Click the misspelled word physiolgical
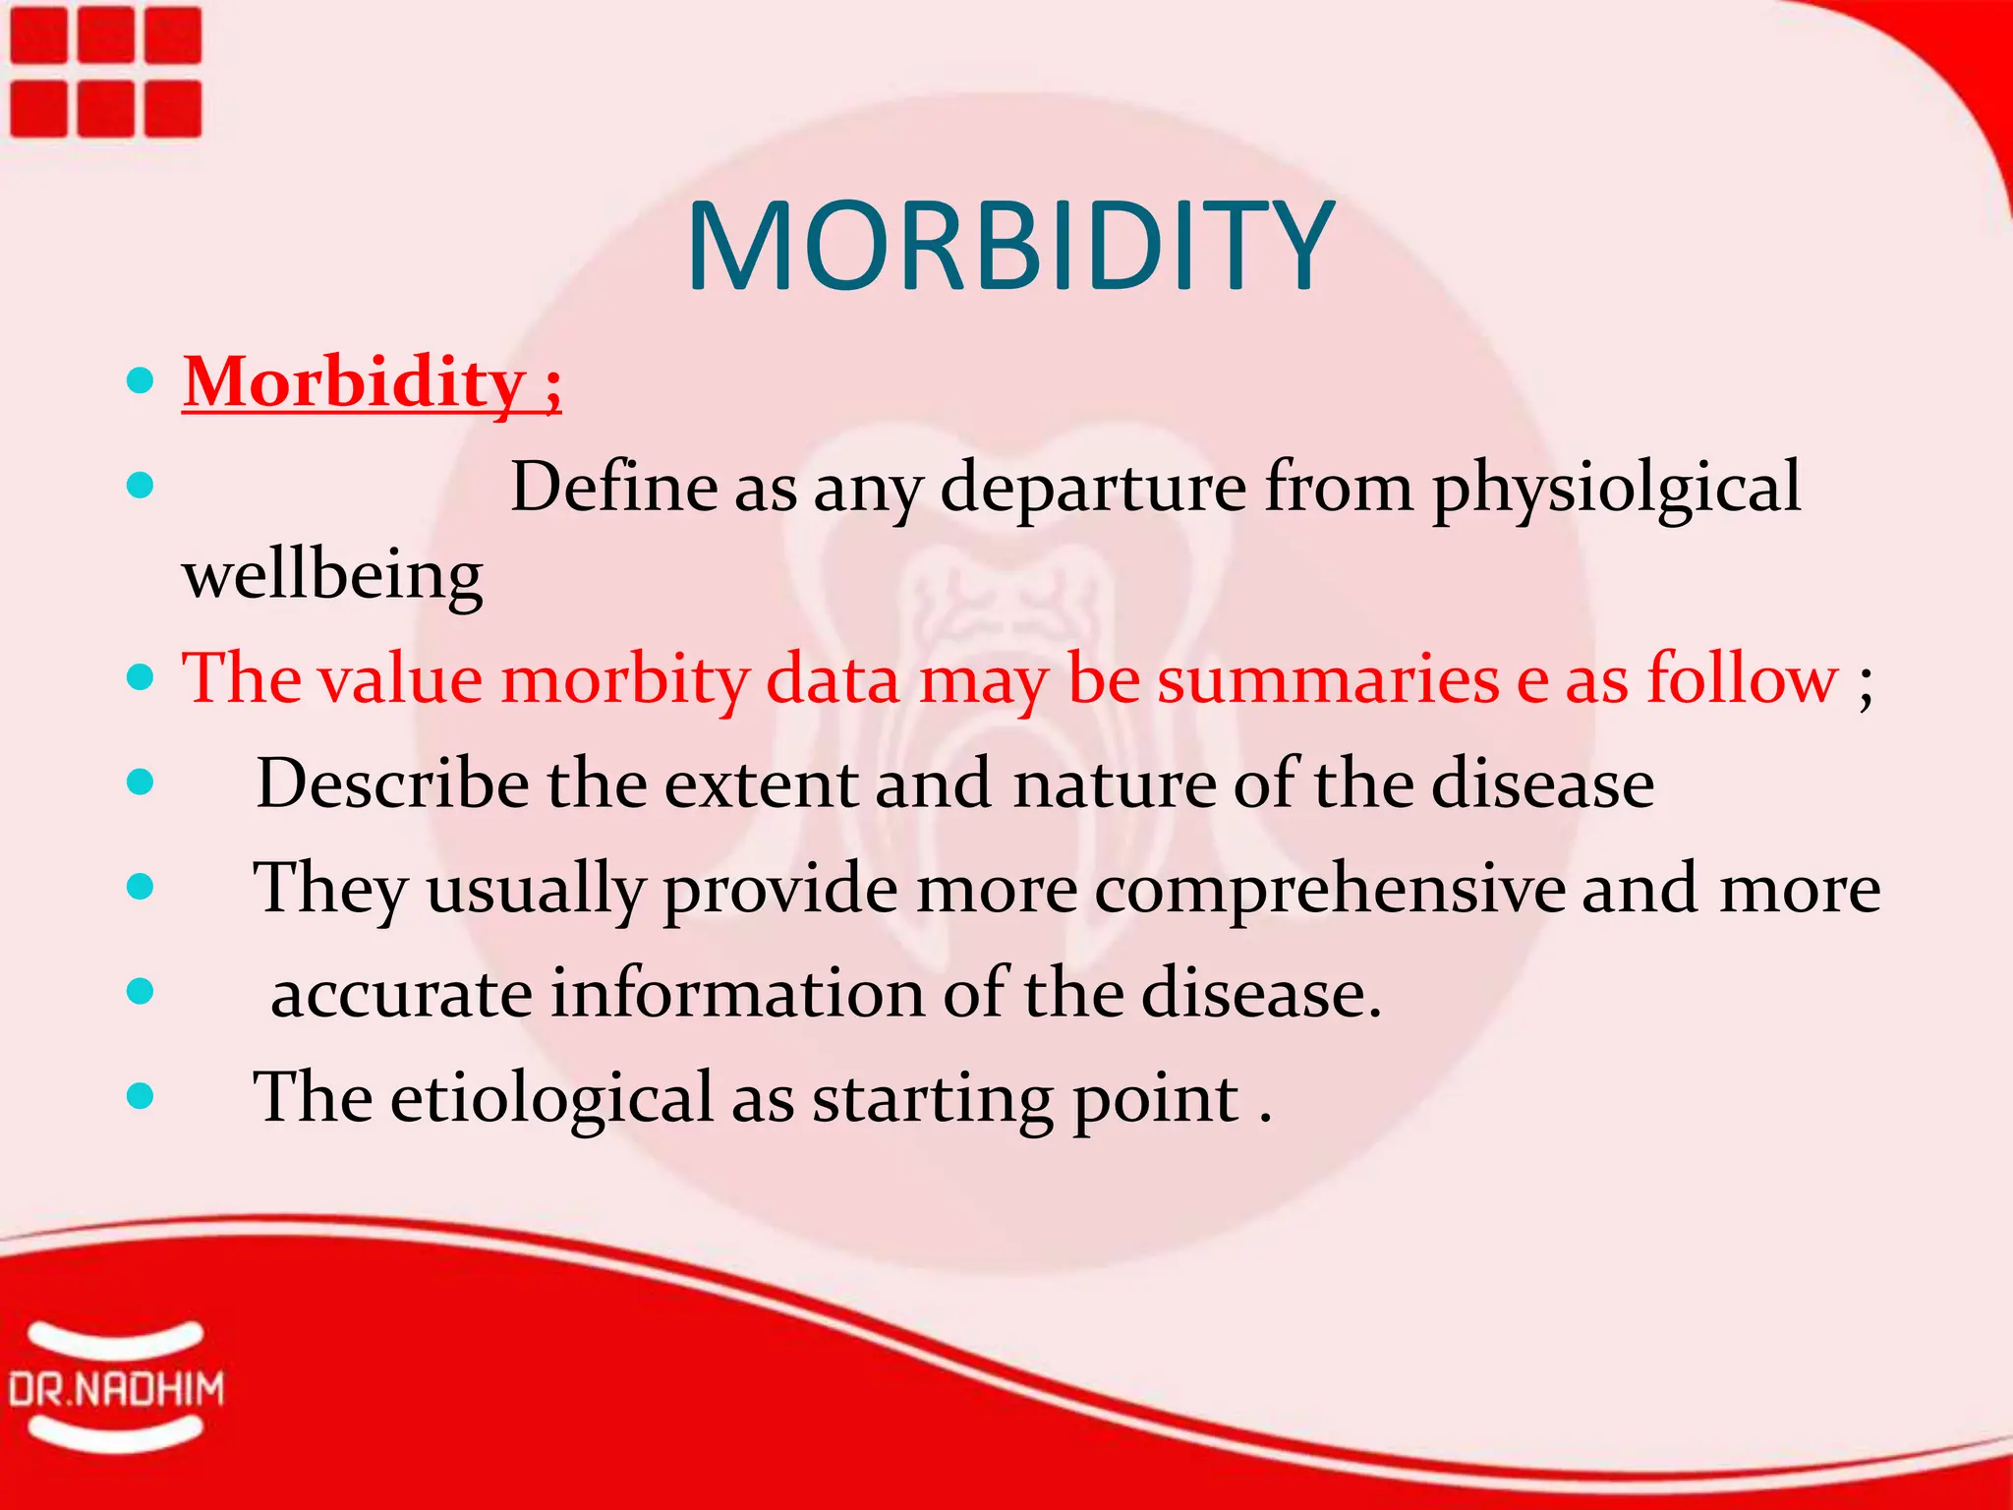point(1616,488)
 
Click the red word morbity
point(625,680)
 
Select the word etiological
point(551,1097)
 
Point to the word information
point(736,993)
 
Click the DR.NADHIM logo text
point(116,1390)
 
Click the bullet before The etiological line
point(141,1095)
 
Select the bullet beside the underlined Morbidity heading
point(141,380)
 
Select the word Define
point(613,487)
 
